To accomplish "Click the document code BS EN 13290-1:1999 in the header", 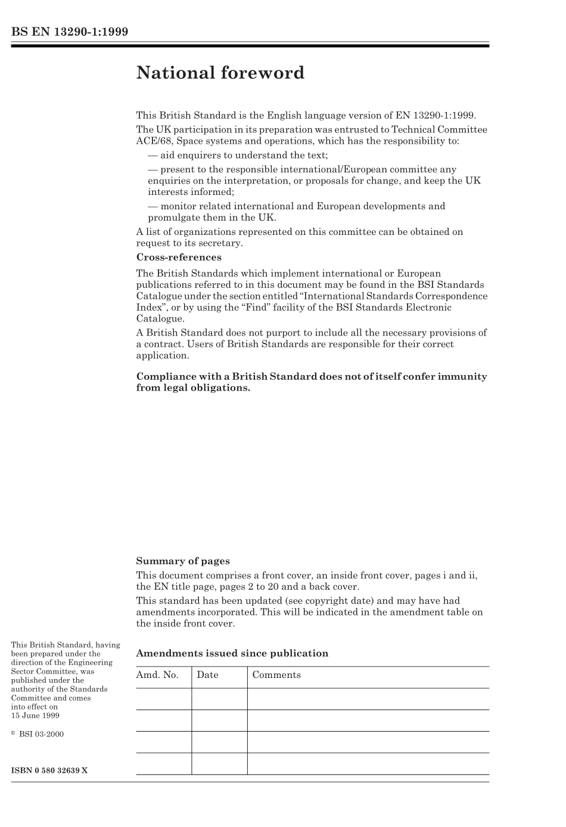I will pyautogui.click(x=70, y=32).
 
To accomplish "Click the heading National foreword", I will pyautogui.click(x=220, y=73).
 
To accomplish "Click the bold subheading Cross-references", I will pyautogui.click(x=179, y=258).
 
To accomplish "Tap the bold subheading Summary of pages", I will pyautogui.click(x=183, y=561).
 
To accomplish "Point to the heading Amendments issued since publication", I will pyautogui.click(x=232, y=653).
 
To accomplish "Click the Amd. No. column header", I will pyautogui.click(x=158, y=675).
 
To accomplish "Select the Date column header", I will pyautogui.click(x=207, y=675).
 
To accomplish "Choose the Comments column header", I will pyautogui.click(x=276, y=675).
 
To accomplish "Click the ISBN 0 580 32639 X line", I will pyautogui.click(x=49, y=770).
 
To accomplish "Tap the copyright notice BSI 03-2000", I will pyautogui.click(x=41, y=734).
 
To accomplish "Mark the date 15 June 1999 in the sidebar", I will pyautogui.click(x=35, y=716).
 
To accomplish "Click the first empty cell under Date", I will pyautogui.click(x=219, y=699).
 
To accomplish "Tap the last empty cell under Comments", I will pyautogui.click(x=368, y=763).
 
